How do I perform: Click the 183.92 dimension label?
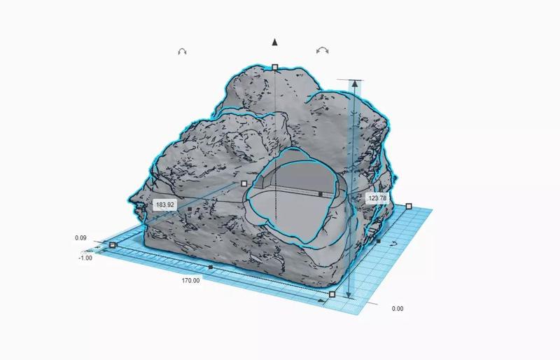(165, 205)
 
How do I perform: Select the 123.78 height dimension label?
(377, 198)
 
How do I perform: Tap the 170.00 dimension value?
(190, 281)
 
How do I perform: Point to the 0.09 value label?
(80, 237)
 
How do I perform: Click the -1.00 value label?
(85, 258)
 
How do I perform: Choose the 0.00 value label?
(398, 308)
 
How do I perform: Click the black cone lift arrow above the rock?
(274, 42)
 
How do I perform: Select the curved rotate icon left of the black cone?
(182, 52)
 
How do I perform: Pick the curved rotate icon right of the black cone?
(323, 50)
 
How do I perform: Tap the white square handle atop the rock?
(274, 67)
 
